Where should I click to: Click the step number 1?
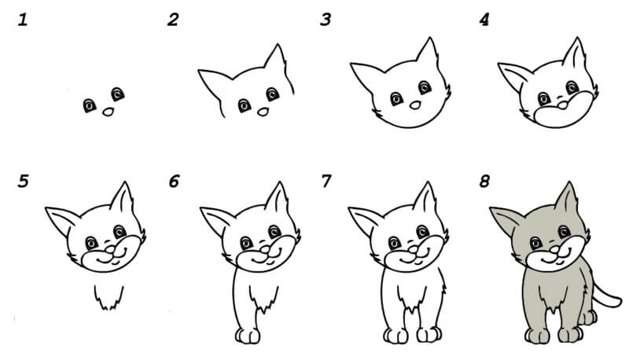click(x=23, y=20)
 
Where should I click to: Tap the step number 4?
click(x=484, y=20)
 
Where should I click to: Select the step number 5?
click(x=24, y=182)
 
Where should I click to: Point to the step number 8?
click(x=484, y=182)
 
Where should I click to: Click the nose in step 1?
click(x=108, y=112)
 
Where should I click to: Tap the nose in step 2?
click(x=263, y=112)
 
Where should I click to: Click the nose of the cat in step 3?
click(x=415, y=105)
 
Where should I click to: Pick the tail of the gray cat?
click(x=606, y=296)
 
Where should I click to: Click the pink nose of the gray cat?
click(x=554, y=250)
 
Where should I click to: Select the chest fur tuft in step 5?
click(x=109, y=298)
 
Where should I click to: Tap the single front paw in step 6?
click(x=248, y=336)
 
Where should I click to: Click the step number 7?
click(x=326, y=182)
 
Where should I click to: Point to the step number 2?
click(x=173, y=20)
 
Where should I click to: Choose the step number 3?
click(x=326, y=20)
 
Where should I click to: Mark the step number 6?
click(x=174, y=182)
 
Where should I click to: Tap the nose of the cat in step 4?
click(x=563, y=105)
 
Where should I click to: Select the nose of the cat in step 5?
click(x=110, y=250)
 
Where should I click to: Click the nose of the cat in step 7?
click(x=414, y=250)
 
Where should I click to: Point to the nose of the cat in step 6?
click(x=265, y=250)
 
